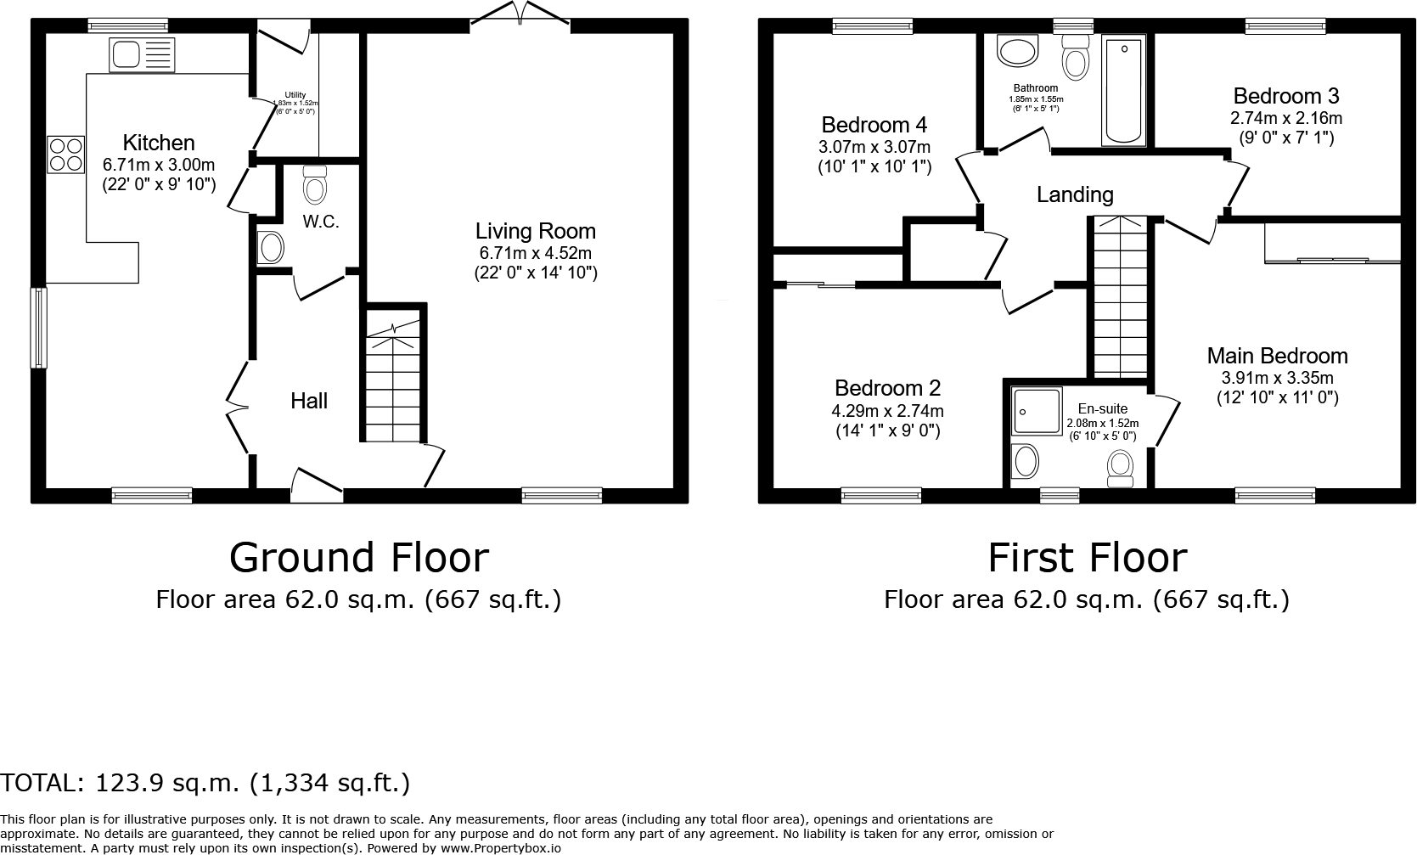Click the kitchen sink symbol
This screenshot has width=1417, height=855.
(x=142, y=54)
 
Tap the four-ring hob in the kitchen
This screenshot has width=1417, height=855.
(x=66, y=155)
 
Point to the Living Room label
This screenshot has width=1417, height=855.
(x=535, y=231)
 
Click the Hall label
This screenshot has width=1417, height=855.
(x=309, y=401)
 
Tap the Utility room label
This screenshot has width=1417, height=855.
(x=295, y=95)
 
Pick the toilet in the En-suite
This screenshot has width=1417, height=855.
(x=1122, y=468)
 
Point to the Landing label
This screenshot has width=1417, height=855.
(x=1075, y=194)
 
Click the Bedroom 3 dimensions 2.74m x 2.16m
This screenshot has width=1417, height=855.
(x=1287, y=118)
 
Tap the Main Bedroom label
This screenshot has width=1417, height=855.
(x=1277, y=356)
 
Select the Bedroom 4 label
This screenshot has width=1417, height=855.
(x=874, y=125)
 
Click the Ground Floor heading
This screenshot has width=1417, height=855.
(x=359, y=558)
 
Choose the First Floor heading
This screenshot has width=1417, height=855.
(x=1087, y=558)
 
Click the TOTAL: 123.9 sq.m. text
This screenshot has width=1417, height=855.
(x=205, y=782)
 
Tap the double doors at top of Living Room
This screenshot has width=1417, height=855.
(x=520, y=15)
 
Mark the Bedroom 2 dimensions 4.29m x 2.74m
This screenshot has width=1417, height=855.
(x=887, y=411)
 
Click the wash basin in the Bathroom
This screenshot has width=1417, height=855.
(x=1017, y=51)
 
